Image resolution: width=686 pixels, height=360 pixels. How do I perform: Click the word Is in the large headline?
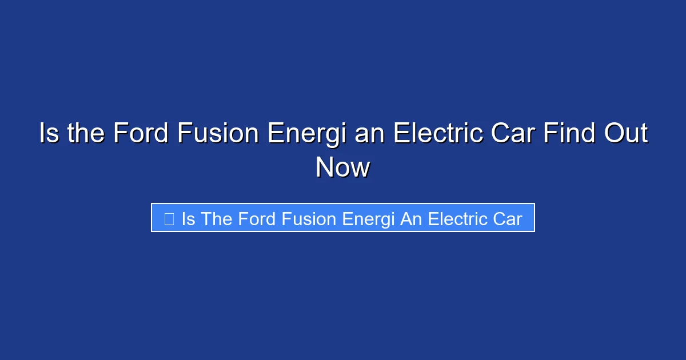pyautogui.click(x=49, y=134)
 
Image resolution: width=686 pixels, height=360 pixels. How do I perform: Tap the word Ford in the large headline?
pyautogui.click(x=141, y=134)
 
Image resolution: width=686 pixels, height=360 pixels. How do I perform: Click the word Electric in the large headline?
pyautogui.click(x=436, y=134)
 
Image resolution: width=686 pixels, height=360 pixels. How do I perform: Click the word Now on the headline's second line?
pyautogui.click(x=343, y=168)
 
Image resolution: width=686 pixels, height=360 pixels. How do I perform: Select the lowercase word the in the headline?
pyautogui.click(x=86, y=134)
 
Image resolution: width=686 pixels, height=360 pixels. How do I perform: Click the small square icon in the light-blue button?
pyautogui.click(x=169, y=218)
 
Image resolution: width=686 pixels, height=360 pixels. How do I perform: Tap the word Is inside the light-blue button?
pyautogui.click(x=188, y=219)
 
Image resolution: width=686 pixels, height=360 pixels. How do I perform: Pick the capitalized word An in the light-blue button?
pyautogui.click(x=410, y=219)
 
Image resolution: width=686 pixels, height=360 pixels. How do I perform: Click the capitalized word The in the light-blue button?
pyautogui.click(x=216, y=219)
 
